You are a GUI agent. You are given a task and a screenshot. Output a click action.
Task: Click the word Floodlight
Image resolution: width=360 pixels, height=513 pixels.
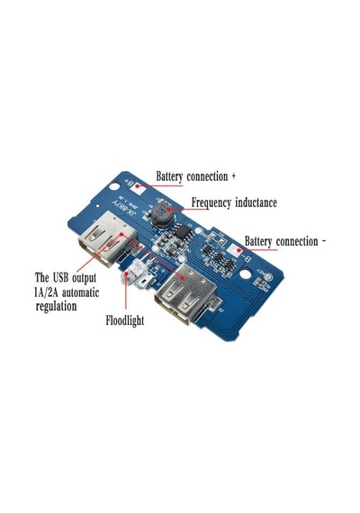(125, 320)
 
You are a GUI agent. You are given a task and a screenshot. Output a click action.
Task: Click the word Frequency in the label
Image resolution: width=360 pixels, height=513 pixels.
(211, 202)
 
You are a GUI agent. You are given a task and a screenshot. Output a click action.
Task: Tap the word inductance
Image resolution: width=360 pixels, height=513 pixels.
(256, 202)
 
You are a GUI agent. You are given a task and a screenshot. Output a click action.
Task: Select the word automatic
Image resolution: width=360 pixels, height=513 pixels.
(80, 292)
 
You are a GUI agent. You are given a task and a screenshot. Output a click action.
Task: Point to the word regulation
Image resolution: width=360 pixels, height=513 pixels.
(56, 307)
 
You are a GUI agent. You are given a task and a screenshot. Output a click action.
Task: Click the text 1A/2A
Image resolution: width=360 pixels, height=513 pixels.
(46, 292)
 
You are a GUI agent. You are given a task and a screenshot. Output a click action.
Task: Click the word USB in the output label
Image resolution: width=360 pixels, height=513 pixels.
(61, 278)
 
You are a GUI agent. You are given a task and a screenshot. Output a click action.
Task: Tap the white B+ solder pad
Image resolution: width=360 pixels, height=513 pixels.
(140, 188)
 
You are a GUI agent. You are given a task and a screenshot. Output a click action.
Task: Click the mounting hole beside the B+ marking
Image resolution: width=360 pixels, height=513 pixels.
(114, 187)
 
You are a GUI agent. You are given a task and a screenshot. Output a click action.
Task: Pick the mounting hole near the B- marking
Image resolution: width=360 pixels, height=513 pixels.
(246, 274)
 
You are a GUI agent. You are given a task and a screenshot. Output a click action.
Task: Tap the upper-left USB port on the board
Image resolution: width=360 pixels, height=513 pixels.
(107, 238)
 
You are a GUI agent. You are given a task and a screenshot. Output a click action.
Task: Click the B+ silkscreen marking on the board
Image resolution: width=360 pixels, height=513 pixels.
(130, 183)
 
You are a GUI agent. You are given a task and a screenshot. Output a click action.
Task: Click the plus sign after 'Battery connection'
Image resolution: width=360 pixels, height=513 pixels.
(233, 176)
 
